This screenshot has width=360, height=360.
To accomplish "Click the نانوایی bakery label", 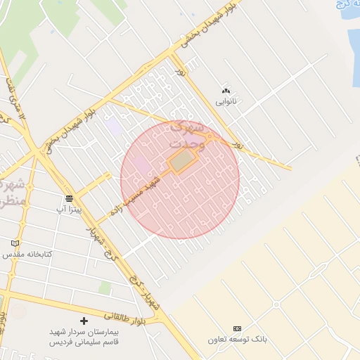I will pyautogui.click(x=226, y=102).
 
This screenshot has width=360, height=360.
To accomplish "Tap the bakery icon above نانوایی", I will pyautogui.click(x=226, y=91).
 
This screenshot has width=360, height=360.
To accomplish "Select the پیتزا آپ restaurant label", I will pyautogui.click(x=70, y=210).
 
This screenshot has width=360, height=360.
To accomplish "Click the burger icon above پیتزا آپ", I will pyautogui.click(x=69, y=198).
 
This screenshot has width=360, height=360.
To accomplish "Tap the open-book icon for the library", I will pyautogui.click(x=15, y=243).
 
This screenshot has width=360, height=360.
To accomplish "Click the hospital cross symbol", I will pyautogui.click(x=84, y=321).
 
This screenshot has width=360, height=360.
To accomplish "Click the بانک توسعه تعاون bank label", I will pyautogui.click(x=237, y=340).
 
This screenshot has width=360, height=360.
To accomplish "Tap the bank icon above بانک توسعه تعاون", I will pyautogui.click(x=237, y=328).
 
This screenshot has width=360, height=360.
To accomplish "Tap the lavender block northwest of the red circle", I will pyautogui.click(x=113, y=127).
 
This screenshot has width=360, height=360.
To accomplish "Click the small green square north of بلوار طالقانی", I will pyautogui.click(x=105, y=288).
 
